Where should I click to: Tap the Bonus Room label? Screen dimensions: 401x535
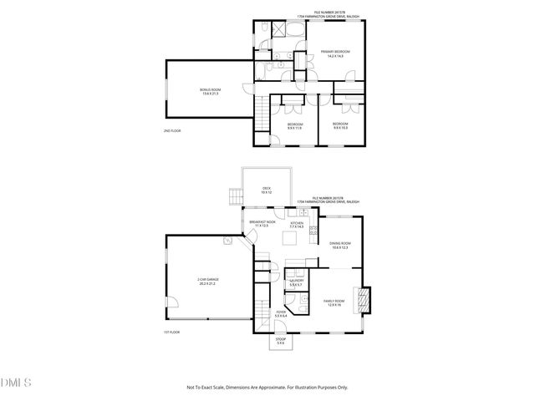tap(210, 91)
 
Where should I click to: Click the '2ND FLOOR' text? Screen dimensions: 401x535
tap(172, 131)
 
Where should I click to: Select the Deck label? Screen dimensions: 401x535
tap(266, 190)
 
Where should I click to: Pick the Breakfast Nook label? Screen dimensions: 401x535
tap(261, 224)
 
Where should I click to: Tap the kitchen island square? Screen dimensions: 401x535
tap(290, 240)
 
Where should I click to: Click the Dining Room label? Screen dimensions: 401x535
tap(339, 246)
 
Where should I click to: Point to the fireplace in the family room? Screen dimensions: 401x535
tap(364, 298)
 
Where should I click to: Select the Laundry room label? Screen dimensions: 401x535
tap(295, 282)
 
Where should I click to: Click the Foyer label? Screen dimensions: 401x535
tap(281, 314)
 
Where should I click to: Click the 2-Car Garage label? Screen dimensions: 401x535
tap(207, 282)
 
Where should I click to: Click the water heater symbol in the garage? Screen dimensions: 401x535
tap(227, 241)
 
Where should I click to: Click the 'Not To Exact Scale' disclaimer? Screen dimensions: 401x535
tap(267, 388)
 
